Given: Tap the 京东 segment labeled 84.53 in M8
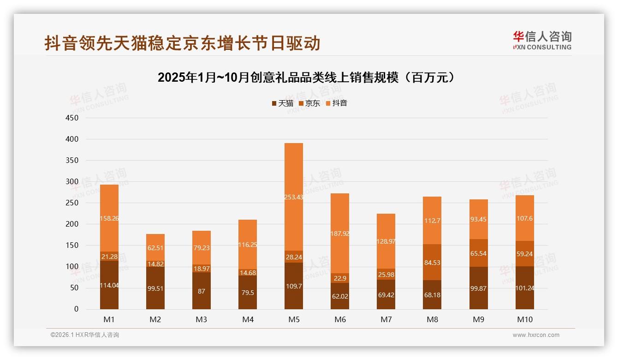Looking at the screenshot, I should [x=432, y=262].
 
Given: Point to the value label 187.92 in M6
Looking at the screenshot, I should [x=340, y=234].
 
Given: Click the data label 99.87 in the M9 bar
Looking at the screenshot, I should [x=479, y=288].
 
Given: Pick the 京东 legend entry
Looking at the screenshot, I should [x=309, y=103].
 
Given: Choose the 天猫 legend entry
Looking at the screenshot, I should [x=282, y=103].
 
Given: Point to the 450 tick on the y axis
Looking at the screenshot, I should [x=72, y=118].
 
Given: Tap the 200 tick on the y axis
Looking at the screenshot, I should [x=72, y=224].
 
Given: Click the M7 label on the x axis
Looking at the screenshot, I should [x=386, y=319].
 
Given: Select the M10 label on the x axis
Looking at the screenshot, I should [x=525, y=319].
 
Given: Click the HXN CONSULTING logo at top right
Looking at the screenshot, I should [x=542, y=41].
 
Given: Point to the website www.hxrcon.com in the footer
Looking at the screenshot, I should [x=536, y=335].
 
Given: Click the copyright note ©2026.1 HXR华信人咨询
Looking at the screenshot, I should [x=85, y=335].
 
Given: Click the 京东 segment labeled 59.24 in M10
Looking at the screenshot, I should [x=525, y=253].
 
